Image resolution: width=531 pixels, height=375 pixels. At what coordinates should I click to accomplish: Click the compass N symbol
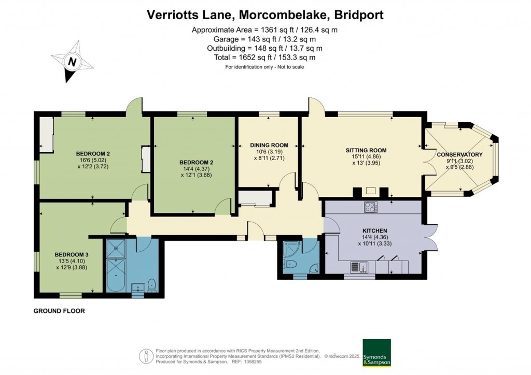tap(73, 62)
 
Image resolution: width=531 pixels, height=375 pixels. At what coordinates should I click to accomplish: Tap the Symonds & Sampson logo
tap(376, 353)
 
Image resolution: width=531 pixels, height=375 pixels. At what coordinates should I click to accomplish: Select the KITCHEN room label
tap(375, 230)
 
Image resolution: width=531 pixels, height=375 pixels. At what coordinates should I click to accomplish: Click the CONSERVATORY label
tap(459, 154)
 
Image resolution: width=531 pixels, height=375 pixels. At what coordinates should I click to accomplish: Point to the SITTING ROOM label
tap(366, 151)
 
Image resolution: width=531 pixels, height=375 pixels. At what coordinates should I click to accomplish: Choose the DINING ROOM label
tap(269, 145)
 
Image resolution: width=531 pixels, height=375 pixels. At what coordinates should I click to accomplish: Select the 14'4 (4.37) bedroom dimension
tap(193, 168)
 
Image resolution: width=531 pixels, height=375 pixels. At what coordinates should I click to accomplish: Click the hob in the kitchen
tap(371, 207)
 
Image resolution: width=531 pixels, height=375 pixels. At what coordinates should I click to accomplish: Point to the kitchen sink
tap(359, 267)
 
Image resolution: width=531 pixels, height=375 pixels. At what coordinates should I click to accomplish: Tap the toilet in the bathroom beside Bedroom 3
tap(152, 284)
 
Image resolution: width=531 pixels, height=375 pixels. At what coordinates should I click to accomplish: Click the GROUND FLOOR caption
tap(59, 311)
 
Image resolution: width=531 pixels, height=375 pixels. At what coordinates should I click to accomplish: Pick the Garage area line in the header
tap(265, 39)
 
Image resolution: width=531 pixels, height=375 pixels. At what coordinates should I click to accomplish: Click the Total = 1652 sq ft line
tap(265, 57)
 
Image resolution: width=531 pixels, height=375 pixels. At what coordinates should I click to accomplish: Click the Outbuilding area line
tap(265, 48)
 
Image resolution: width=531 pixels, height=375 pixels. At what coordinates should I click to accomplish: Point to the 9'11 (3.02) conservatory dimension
tap(459, 161)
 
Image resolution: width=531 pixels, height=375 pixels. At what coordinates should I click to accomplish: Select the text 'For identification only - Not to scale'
tap(264, 67)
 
